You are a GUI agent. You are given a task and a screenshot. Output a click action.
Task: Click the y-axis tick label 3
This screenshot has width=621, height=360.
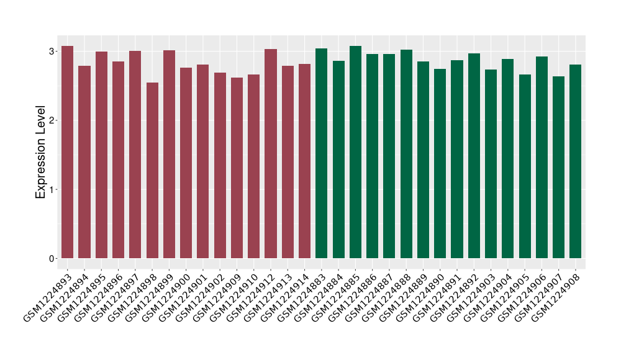coord(53,51)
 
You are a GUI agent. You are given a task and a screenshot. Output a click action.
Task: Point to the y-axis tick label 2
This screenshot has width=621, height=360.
coord(53,120)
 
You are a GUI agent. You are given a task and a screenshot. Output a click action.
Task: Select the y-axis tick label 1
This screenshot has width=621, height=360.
coord(53,189)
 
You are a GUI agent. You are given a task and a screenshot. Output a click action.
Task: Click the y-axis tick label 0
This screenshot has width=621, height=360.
coord(53,258)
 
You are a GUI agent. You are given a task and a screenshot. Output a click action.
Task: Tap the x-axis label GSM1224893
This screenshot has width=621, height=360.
coord(48,295)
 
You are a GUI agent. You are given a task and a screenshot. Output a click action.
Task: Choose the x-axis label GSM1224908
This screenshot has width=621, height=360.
coord(557,295)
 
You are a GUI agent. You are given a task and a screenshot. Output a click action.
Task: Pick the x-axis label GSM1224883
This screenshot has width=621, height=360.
coord(303,295)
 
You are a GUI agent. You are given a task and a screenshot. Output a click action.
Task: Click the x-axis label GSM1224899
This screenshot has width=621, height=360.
coord(150,295)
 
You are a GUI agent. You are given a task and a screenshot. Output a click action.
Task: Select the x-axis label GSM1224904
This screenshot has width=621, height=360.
coord(489,295)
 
